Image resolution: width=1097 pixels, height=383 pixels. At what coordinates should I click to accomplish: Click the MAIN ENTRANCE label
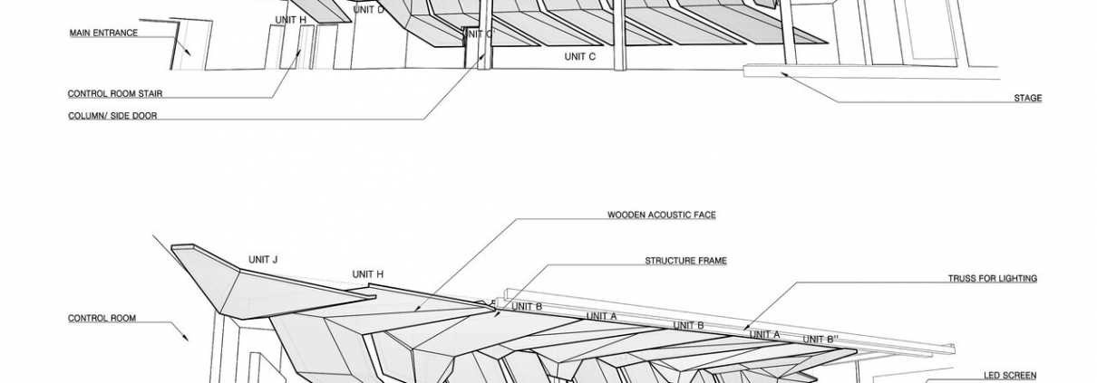coord(103,34)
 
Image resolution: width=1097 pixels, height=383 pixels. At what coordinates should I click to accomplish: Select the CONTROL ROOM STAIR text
coord(114,94)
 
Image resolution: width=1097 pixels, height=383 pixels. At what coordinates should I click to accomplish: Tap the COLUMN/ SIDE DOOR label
coord(112,116)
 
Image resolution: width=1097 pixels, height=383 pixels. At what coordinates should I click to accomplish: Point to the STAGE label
coord(1027,99)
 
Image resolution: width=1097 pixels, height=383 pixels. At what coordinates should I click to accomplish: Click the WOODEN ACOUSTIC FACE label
coord(661,215)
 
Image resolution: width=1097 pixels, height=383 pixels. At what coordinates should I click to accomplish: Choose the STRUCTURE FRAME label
coord(685,261)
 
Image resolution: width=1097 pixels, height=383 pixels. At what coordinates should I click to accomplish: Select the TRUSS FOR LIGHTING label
coord(992,279)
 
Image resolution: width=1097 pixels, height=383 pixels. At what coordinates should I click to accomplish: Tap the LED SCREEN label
coord(1010,376)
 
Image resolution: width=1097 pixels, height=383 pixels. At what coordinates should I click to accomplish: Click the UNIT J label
coord(263,260)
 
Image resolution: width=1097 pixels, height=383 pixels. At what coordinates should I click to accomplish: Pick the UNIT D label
coord(368,10)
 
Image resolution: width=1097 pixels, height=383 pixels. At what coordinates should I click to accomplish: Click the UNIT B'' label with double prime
coord(818,340)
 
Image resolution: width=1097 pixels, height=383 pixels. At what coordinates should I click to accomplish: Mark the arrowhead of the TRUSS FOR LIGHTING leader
coord(743,328)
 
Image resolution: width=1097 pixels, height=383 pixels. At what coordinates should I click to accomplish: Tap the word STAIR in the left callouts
coord(146,94)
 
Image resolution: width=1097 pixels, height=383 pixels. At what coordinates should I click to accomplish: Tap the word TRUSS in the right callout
coord(962,279)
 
